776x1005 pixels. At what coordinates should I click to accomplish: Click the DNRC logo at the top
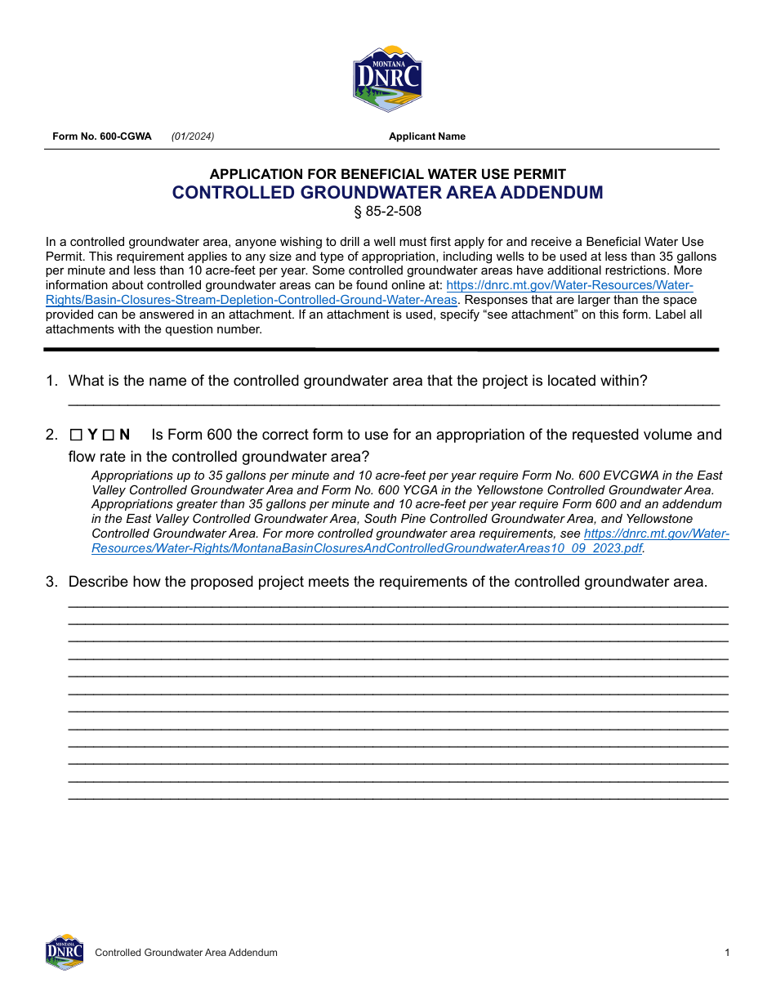[x=387, y=78]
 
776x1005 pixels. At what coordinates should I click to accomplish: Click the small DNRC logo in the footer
[x=65, y=952]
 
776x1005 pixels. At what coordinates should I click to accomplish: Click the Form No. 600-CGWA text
[x=102, y=136]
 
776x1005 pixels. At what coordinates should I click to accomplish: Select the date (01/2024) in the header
[x=193, y=136]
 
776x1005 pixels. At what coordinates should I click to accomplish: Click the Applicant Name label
[x=426, y=136]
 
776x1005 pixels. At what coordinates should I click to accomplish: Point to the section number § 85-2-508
[x=387, y=212]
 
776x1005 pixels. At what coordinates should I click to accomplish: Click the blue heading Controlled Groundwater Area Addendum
[x=387, y=193]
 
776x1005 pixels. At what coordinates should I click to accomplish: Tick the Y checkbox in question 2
[x=77, y=435]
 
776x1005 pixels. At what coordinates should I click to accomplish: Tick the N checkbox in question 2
[x=108, y=435]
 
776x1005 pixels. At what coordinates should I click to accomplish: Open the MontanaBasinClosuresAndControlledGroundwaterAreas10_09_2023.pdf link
[x=368, y=548]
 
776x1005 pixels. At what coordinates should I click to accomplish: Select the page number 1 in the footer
[x=726, y=953]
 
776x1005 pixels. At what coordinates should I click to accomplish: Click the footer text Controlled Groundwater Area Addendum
[x=186, y=953]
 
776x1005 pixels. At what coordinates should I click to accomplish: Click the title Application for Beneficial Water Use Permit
[x=387, y=174]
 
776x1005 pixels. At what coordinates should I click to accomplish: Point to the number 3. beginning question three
[x=51, y=582]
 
